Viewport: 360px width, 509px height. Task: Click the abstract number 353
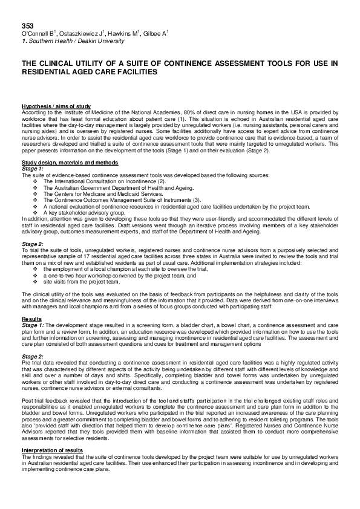[x=27, y=27]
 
